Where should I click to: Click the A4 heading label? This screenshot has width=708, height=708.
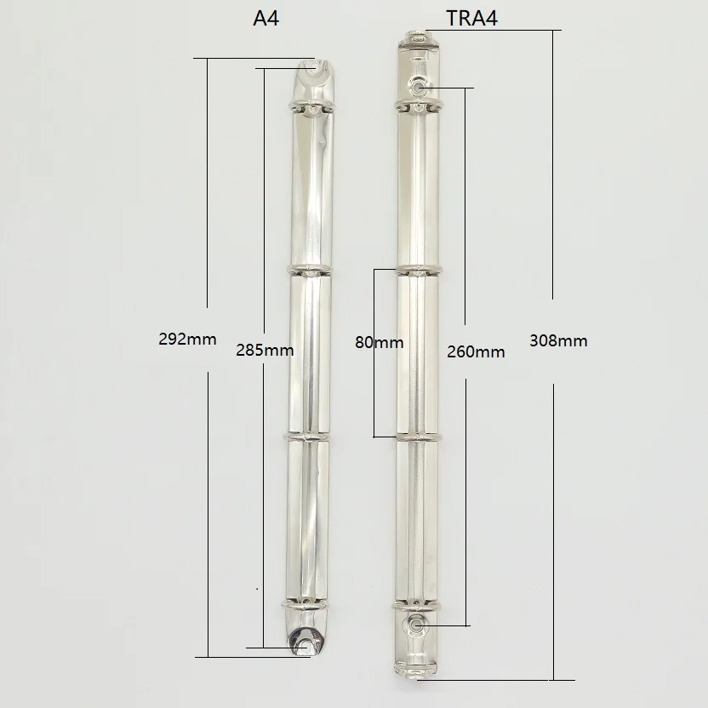[266, 18]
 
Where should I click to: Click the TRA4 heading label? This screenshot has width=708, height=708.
[471, 18]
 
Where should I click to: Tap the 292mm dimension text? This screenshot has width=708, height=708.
[187, 339]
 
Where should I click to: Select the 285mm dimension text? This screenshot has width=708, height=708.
[265, 350]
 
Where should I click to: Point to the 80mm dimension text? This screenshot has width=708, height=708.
[380, 342]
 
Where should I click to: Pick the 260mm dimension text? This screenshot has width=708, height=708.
[476, 351]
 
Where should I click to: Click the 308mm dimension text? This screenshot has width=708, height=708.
[558, 340]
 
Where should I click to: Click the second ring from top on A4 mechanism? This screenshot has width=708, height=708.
[310, 271]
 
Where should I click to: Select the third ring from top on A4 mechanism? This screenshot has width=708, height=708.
[306, 437]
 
